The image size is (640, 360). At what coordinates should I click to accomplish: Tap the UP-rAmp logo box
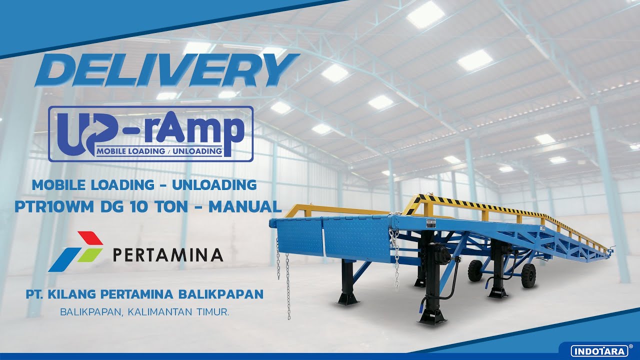[150, 134]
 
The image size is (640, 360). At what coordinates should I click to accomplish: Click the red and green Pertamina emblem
[75, 251]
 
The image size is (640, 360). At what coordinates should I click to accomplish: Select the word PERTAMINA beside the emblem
[167, 255]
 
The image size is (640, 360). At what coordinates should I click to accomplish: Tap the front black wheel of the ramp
[474, 270]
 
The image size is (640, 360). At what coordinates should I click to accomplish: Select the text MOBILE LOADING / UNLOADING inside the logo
[159, 150]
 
